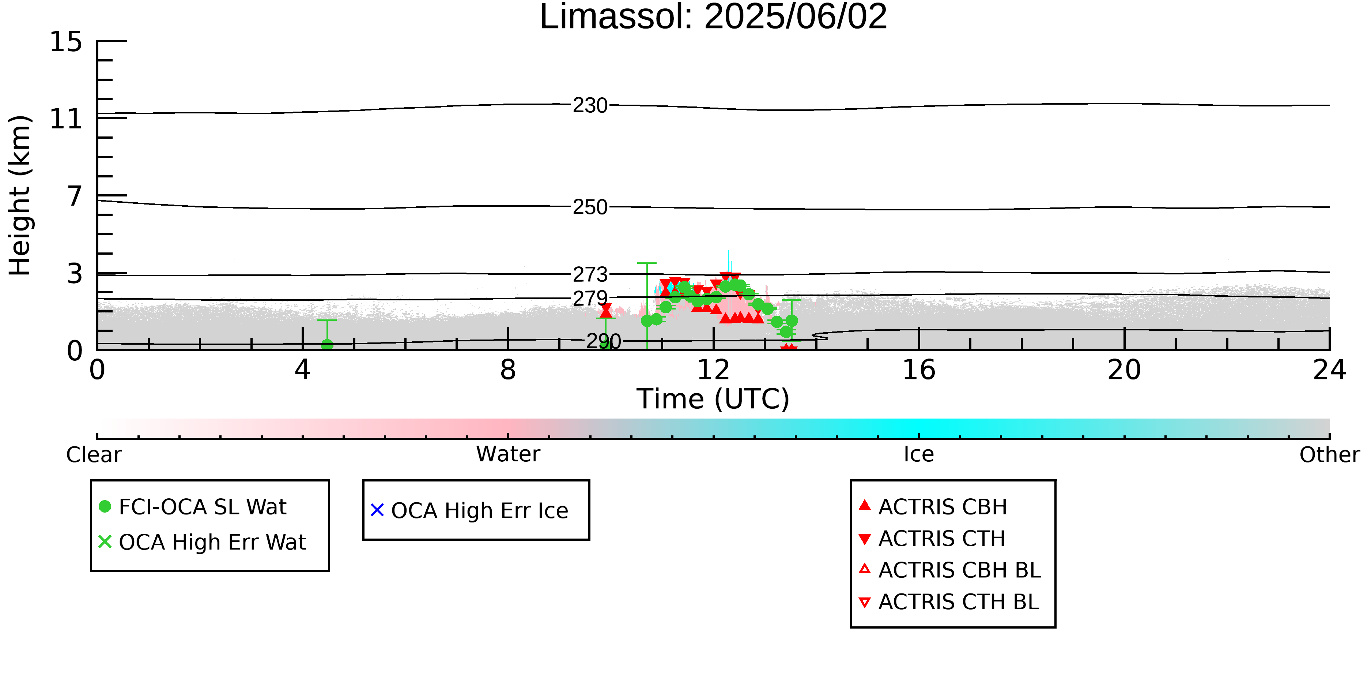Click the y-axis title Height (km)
[x=20, y=195]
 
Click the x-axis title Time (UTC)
[x=713, y=399]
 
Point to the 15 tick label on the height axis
[x=66, y=42]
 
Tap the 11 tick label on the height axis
[x=66, y=119]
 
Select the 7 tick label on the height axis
[x=75, y=196]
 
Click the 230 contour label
[x=590, y=105]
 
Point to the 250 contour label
[x=590, y=207]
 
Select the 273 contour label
[x=590, y=274]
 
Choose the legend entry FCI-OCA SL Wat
[x=193, y=506]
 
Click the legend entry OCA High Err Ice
[x=469, y=510]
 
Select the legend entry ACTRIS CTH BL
[x=949, y=602]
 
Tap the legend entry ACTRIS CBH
[x=933, y=506]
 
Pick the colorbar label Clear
[x=94, y=454]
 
